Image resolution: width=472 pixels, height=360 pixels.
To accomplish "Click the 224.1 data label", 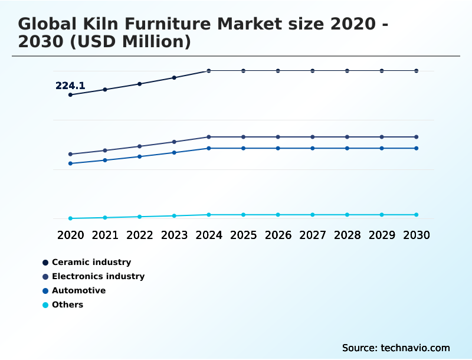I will pos(70,86).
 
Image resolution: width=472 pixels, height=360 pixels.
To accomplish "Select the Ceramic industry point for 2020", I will pos(70,94).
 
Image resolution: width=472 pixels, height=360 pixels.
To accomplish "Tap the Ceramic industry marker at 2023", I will pos(174,77).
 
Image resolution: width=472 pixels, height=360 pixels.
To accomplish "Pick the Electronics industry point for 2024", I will pos(209,137).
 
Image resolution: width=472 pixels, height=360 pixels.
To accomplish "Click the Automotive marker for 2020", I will pos(70,163).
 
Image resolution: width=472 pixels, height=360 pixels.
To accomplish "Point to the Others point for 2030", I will pos(416,215).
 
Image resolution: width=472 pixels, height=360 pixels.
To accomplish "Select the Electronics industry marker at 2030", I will pos(416,137).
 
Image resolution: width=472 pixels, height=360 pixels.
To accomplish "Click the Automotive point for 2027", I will pos(313,148).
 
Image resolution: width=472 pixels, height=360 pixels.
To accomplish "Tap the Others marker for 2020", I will pos(70,218).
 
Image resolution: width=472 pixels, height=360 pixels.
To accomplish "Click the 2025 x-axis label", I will pos(243,235).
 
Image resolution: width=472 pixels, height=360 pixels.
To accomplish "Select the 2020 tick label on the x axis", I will pos(70,235).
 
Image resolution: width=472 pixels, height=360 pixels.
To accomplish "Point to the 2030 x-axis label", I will pos(416,235).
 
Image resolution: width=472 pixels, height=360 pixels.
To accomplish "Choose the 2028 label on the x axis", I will pos(347,235).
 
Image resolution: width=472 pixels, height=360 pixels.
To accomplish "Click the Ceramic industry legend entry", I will pos(91,262).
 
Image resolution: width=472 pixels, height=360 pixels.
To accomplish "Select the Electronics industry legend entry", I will pos(98,276).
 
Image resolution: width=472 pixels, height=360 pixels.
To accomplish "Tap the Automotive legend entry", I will pos(78,290).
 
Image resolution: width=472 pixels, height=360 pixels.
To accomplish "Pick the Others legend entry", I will pos(67,305).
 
